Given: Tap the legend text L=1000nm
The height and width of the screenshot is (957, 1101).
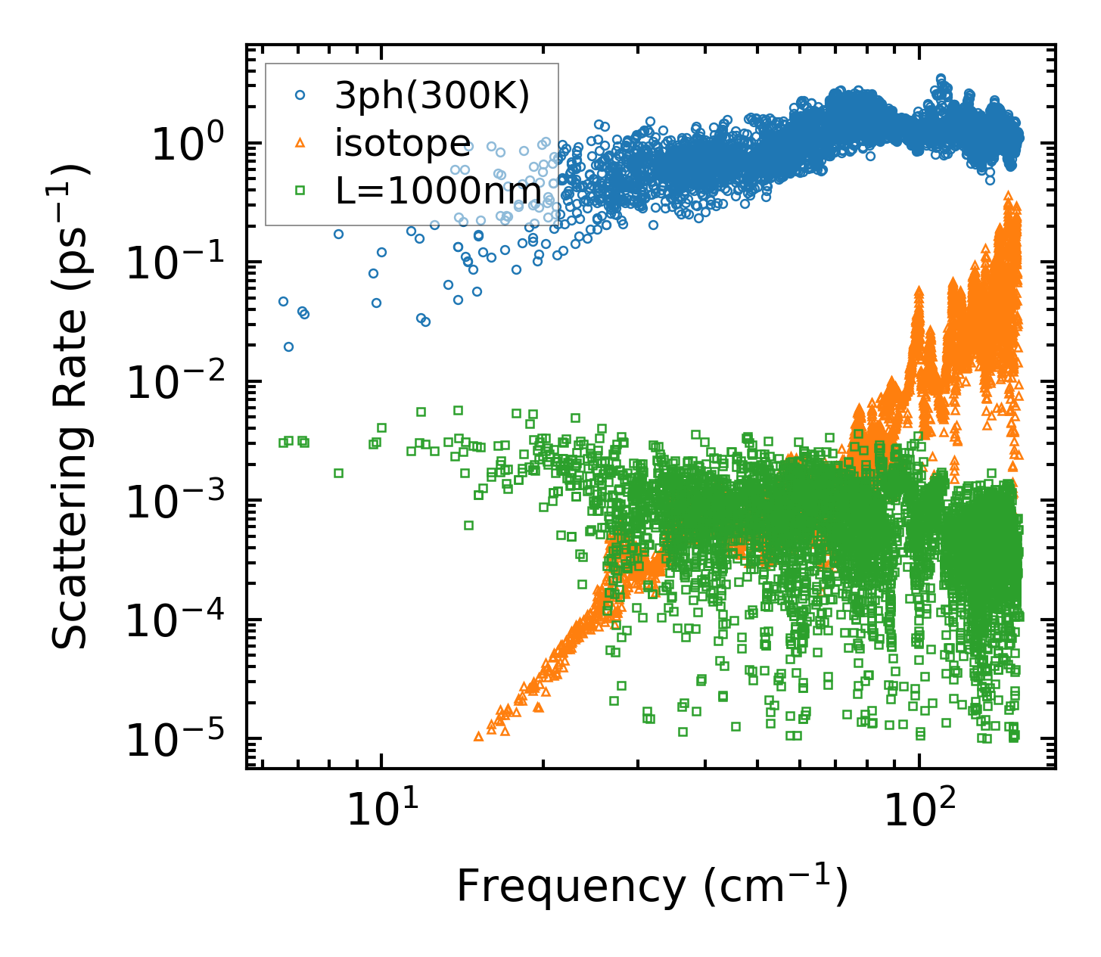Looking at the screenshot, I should [439, 191].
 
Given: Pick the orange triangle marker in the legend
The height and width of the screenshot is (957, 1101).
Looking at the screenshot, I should [300, 142].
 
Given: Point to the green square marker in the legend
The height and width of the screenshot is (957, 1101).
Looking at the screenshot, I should [300, 190].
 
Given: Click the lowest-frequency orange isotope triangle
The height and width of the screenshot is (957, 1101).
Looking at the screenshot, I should [477, 736].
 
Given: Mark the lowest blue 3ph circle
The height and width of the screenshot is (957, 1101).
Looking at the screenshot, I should [288, 346].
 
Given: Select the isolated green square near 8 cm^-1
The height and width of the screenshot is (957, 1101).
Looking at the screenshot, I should [338, 473].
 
